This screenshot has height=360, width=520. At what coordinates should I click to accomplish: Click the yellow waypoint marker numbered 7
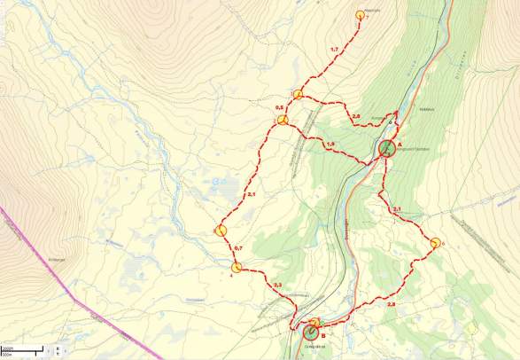(x=361, y=15)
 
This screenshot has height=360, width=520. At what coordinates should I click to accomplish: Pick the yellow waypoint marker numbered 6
(x=436, y=243)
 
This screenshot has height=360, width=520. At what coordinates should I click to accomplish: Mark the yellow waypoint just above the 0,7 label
(x=221, y=231)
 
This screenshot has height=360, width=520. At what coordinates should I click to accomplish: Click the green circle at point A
(x=387, y=148)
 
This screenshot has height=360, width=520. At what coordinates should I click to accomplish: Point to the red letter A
(x=400, y=144)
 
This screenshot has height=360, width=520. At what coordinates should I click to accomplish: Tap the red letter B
(x=323, y=335)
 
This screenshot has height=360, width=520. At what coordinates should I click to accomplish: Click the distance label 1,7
(x=334, y=50)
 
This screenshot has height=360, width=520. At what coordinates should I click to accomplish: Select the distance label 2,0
(x=355, y=117)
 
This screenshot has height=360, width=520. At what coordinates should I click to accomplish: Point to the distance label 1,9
(x=330, y=145)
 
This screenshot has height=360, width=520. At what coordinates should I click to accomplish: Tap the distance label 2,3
(x=277, y=285)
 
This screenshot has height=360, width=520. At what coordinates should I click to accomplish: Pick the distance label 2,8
(x=392, y=304)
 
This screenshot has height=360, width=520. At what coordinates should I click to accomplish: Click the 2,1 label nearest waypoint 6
(x=397, y=209)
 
